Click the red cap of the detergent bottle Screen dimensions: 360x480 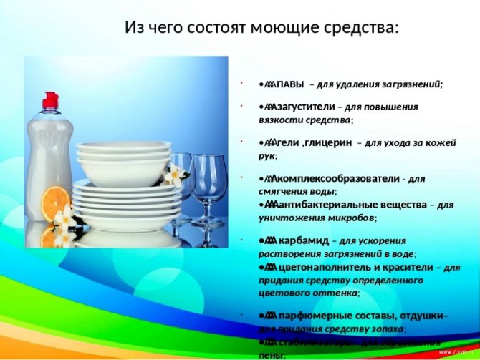coord(51,100)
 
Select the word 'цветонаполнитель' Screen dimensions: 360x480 coord(322,266)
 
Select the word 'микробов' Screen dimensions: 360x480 coord(353,217)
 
